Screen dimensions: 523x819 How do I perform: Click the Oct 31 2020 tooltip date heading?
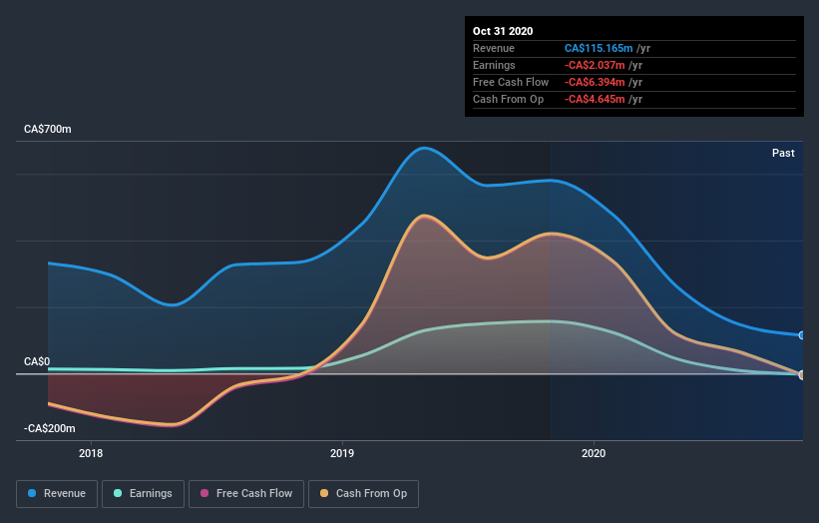(x=505, y=31)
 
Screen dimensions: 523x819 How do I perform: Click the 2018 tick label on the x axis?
(x=91, y=453)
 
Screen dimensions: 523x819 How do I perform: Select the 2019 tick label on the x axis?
(x=342, y=453)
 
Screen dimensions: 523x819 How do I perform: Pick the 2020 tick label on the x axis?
(x=594, y=453)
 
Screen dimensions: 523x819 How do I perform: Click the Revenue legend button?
(x=58, y=493)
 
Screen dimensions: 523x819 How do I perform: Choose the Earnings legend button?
(x=144, y=493)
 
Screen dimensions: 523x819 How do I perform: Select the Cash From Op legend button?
(x=364, y=493)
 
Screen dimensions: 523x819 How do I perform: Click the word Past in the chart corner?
(x=783, y=153)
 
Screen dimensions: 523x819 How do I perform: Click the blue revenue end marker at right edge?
(x=802, y=335)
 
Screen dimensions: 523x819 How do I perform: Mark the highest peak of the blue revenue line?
(x=425, y=148)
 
